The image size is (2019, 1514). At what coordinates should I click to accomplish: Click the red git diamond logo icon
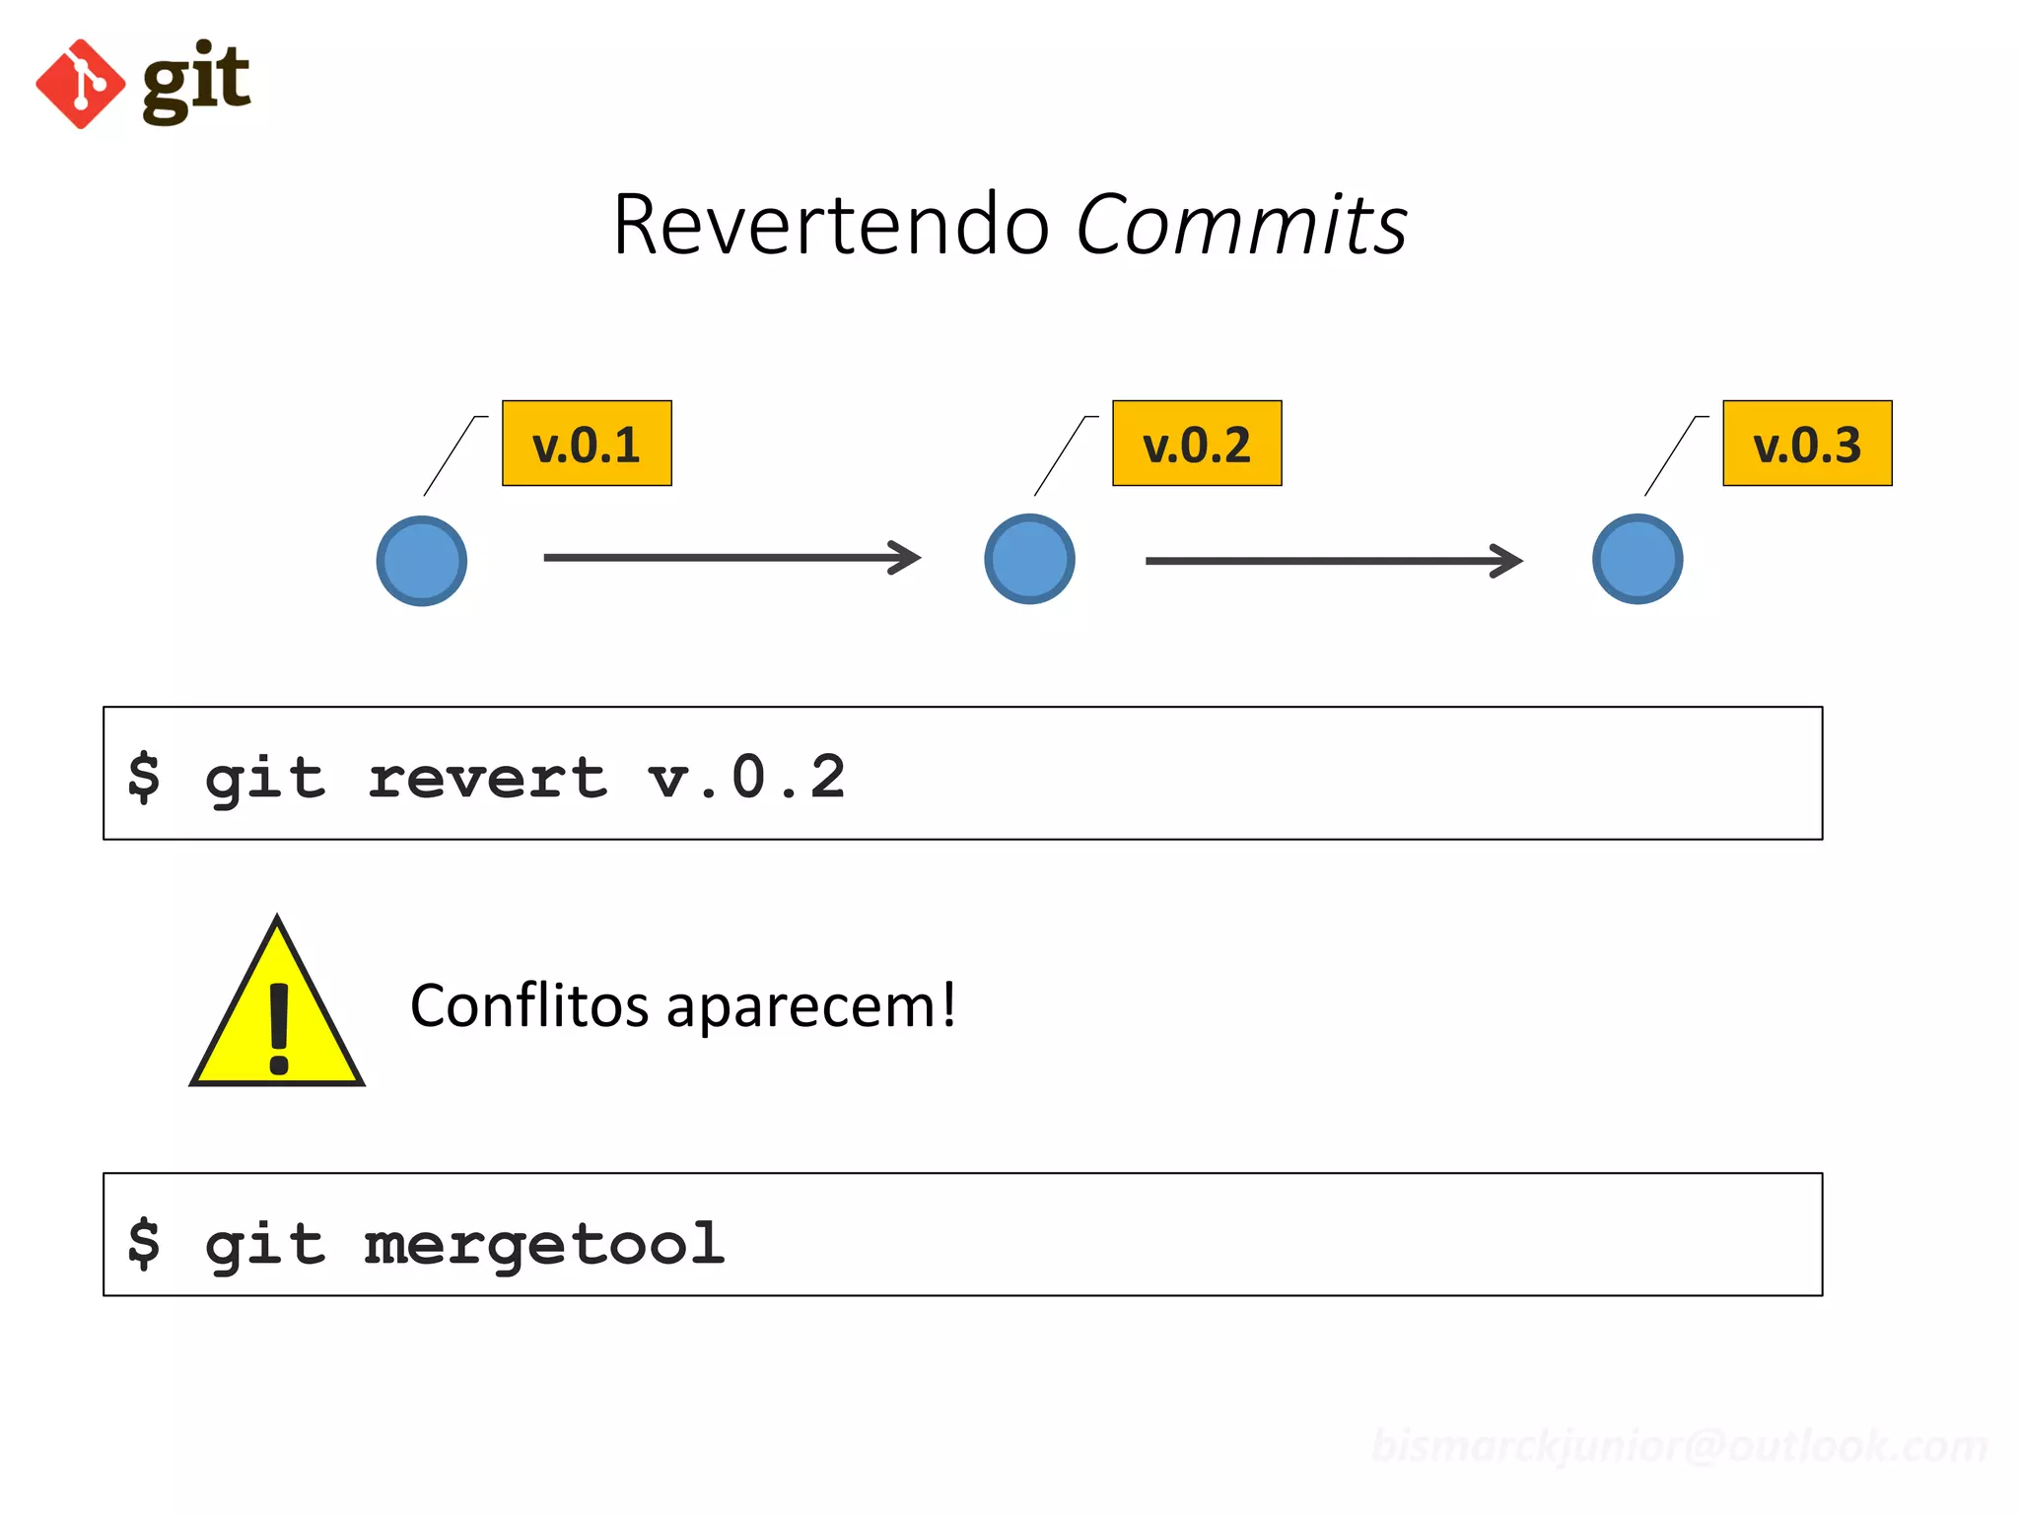(x=81, y=84)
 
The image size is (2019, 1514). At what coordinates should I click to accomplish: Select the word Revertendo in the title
(x=830, y=225)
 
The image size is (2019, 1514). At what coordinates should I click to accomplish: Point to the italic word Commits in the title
(x=1241, y=225)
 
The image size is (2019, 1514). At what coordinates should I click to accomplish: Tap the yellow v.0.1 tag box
(x=587, y=444)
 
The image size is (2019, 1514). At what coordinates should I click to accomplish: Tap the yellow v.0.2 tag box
(x=1197, y=444)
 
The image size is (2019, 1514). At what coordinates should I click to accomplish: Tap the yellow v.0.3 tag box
(x=1807, y=444)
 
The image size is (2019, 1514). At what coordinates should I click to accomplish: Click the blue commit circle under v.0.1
(x=422, y=561)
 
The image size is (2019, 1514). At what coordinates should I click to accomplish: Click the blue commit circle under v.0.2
(x=1029, y=559)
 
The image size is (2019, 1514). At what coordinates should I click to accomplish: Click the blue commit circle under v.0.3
(x=1637, y=559)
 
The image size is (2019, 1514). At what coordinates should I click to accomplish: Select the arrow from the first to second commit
(x=731, y=558)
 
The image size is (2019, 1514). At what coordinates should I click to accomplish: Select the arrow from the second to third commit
(x=1333, y=561)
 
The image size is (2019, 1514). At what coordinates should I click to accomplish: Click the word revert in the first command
(x=487, y=778)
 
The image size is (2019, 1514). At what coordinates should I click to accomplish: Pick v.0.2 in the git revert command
(x=747, y=778)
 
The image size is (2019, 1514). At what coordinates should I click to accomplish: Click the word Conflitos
(x=529, y=1006)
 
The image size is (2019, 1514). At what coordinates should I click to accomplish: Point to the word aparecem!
(x=810, y=1006)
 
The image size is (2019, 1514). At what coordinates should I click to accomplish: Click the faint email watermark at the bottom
(x=1679, y=1446)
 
